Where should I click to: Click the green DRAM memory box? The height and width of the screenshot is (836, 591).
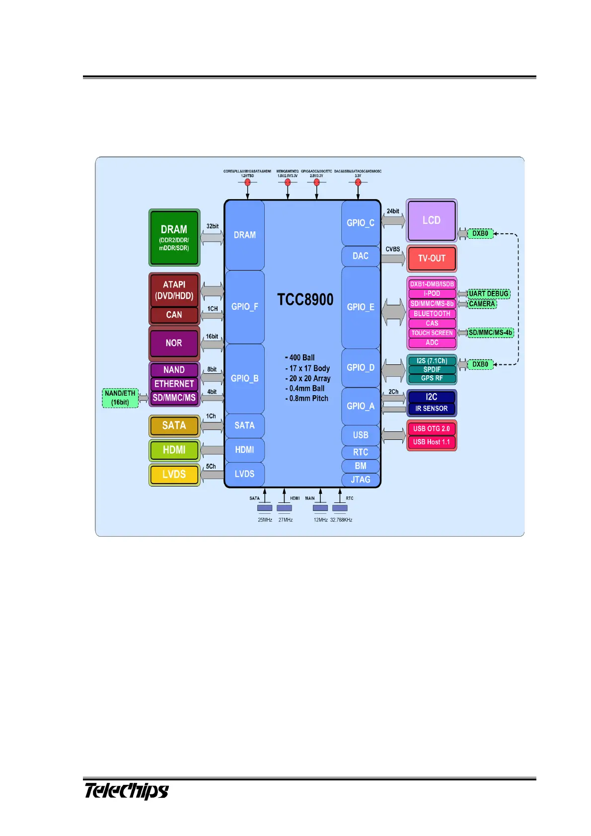174,237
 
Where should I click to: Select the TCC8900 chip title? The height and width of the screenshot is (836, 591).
305,299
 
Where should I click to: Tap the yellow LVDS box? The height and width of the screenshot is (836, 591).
174,475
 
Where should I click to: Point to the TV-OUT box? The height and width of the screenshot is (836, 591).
431,258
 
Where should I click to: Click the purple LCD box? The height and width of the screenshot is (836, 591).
431,220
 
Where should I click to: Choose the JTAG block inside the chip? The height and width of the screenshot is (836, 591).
361,480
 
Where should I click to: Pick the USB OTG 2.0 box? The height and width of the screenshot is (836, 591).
431,428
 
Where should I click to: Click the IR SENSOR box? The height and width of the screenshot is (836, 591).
431,409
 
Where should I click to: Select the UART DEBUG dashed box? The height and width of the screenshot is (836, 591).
489,293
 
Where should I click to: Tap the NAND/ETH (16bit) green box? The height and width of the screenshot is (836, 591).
120,398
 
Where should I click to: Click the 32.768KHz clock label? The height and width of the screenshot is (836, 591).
341,520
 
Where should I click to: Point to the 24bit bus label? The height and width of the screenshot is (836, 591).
393,211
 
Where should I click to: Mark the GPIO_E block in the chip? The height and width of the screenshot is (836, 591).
361,307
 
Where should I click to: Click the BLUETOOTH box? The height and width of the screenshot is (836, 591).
432,314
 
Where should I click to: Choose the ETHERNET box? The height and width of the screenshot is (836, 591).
174,384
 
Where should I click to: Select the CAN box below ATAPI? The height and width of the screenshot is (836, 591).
174,315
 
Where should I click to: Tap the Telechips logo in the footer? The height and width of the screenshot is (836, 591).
126,791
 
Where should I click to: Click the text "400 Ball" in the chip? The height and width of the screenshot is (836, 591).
301,357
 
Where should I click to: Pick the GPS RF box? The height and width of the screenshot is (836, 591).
432,378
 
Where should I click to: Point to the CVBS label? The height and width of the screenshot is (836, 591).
393,249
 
